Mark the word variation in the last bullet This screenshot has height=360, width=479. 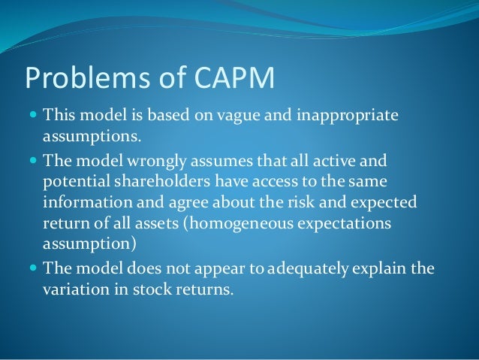(x=73, y=287)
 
